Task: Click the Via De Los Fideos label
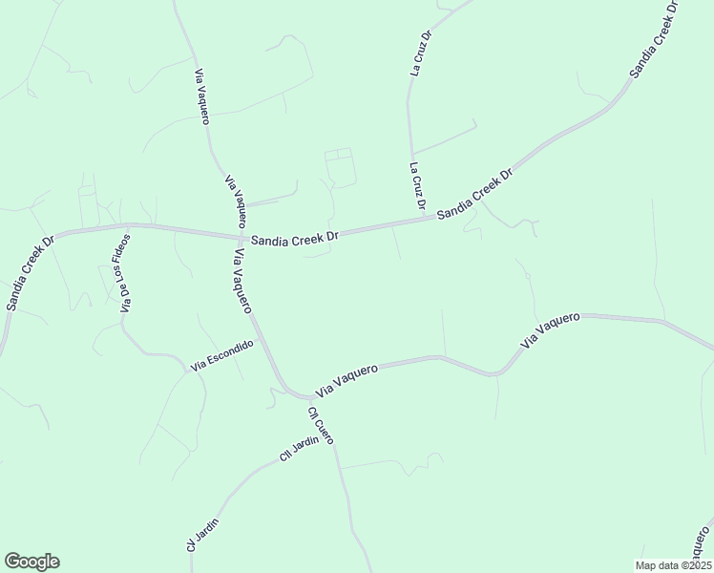point(125,273)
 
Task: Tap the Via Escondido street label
point(221,355)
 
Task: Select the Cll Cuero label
point(320,426)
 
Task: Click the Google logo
point(31,562)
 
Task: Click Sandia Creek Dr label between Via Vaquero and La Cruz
point(296,234)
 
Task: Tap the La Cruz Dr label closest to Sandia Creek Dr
point(416,186)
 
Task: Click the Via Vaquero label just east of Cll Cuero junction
point(346,379)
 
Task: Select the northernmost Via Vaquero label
point(202,95)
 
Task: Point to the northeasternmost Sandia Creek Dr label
point(655,38)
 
